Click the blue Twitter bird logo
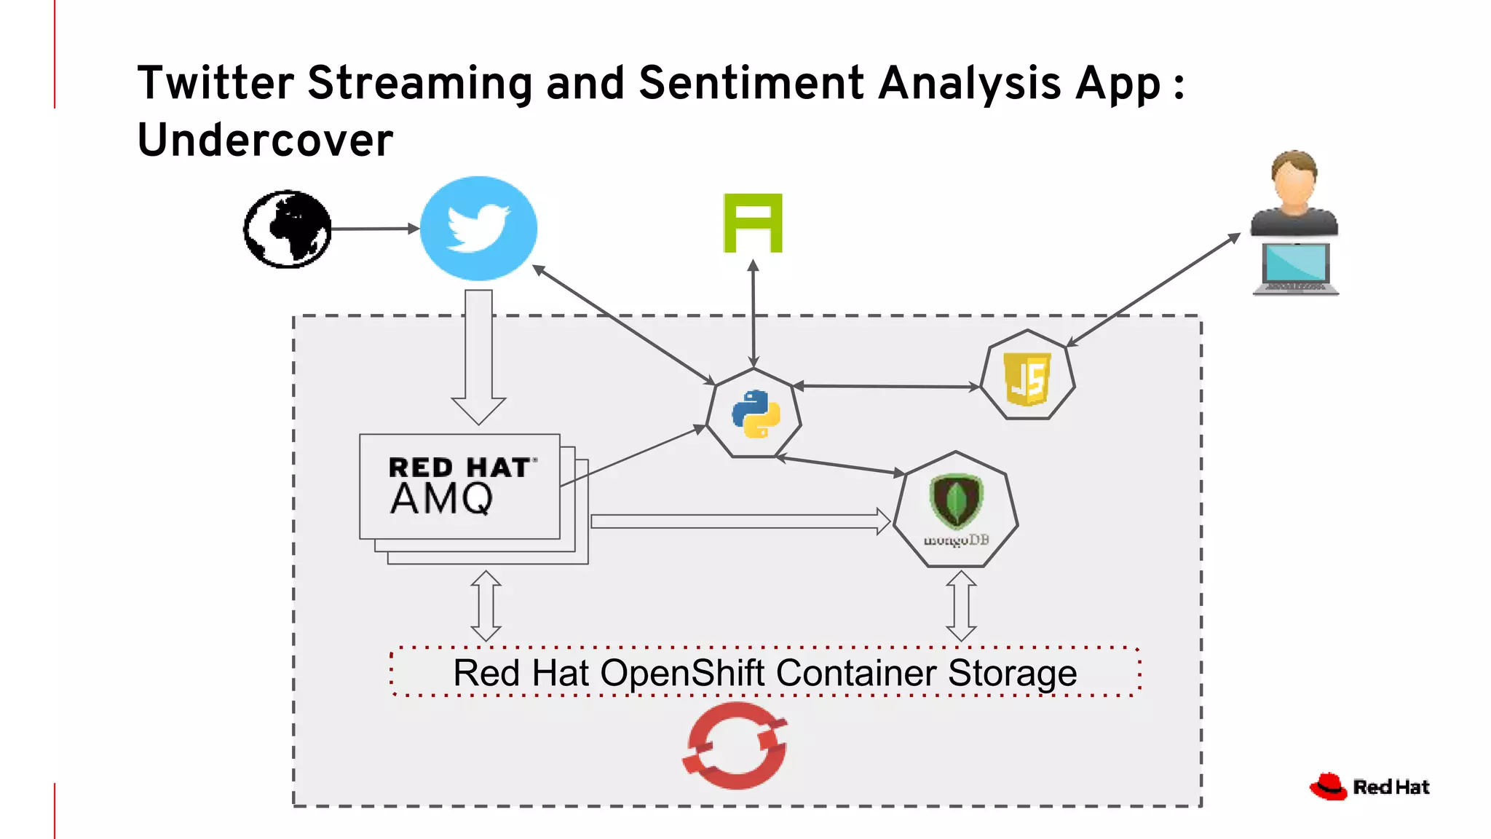click(x=478, y=228)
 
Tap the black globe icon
click(x=287, y=229)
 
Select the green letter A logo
click(x=753, y=223)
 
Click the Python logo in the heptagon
click(x=755, y=413)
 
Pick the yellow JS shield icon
click(x=1027, y=378)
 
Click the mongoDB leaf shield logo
click(x=956, y=501)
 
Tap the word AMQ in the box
click(x=441, y=500)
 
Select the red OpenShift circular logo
click(x=735, y=746)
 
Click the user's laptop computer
click(x=1296, y=269)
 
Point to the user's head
click(x=1294, y=175)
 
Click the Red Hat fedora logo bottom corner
click(x=1329, y=787)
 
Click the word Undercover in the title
click(x=265, y=140)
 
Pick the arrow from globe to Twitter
click(x=374, y=229)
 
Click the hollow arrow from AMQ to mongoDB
click(x=739, y=521)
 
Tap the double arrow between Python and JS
click(x=887, y=386)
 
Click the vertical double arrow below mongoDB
click(x=961, y=606)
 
